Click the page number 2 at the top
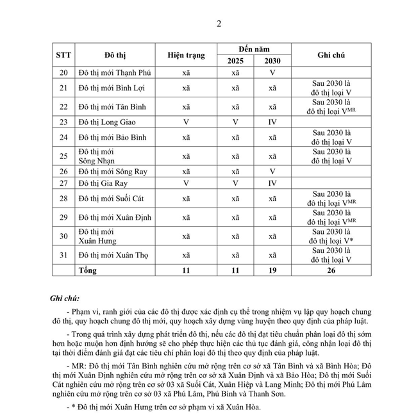pyautogui.click(x=219, y=24)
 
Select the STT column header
pyautogui.click(x=63, y=54)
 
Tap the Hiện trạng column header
pyautogui.click(x=186, y=55)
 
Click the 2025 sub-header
pyautogui.click(x=235, y=61)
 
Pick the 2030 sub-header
pyautogui.click(x=272, y=61)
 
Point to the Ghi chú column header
pyautogui.click(x=331, y=55)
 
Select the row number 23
pyautogui.click(x=63, y=122)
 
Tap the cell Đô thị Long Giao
pyautogui.click(x=106, y=122)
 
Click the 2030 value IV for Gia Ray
pyautogui.click(x=272, y=183)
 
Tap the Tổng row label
pyautogui.click(x=87, y=271)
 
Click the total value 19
pyautogui.click(x=272, y=271)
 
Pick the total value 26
pyautogui.click(x=331, y=271)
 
